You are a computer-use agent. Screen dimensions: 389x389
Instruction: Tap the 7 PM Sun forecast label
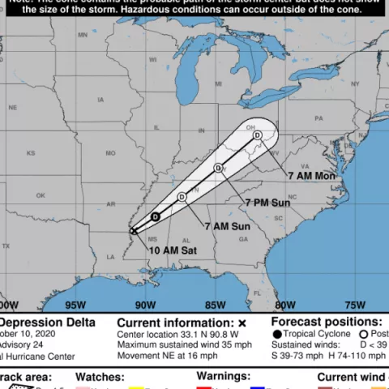click(267, 201)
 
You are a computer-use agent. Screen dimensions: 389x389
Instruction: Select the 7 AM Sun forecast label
click(227, 226)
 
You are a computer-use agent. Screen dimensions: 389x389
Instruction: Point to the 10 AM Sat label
click(173, 250)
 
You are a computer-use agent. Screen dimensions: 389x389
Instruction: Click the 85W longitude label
click(215, 305)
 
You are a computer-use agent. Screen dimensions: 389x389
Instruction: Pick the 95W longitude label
click(75, 305)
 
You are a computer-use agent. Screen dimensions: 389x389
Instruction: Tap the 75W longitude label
click(354, 305)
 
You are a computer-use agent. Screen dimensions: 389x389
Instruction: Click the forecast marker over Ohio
click(257, 135)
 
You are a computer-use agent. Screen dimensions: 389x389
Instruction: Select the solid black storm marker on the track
click(155, 216)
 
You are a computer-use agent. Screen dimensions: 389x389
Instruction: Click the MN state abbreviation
click(83, 36)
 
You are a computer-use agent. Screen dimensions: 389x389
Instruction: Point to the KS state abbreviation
click(31, 152)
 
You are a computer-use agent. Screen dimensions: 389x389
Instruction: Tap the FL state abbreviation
click(258, 293)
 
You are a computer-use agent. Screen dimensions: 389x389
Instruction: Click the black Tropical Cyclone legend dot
click(278, 335)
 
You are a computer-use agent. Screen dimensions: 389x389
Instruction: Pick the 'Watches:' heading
click(100, 377)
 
